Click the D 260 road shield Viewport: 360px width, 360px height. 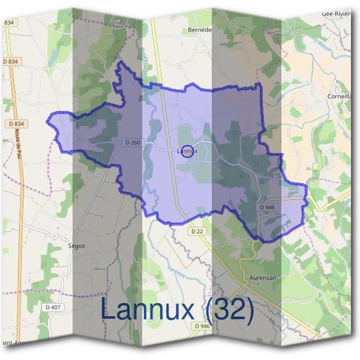(134, 142)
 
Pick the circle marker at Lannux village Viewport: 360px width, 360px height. (187, 151)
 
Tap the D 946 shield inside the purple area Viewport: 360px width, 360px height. (267, 207)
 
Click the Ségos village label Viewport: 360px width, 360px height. (77, 246)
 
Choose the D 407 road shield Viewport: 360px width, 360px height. (53, 308)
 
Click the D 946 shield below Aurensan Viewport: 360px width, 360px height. (202, 326)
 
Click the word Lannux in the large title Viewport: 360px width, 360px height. (148, 310)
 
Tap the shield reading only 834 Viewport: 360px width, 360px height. (8, 22)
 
